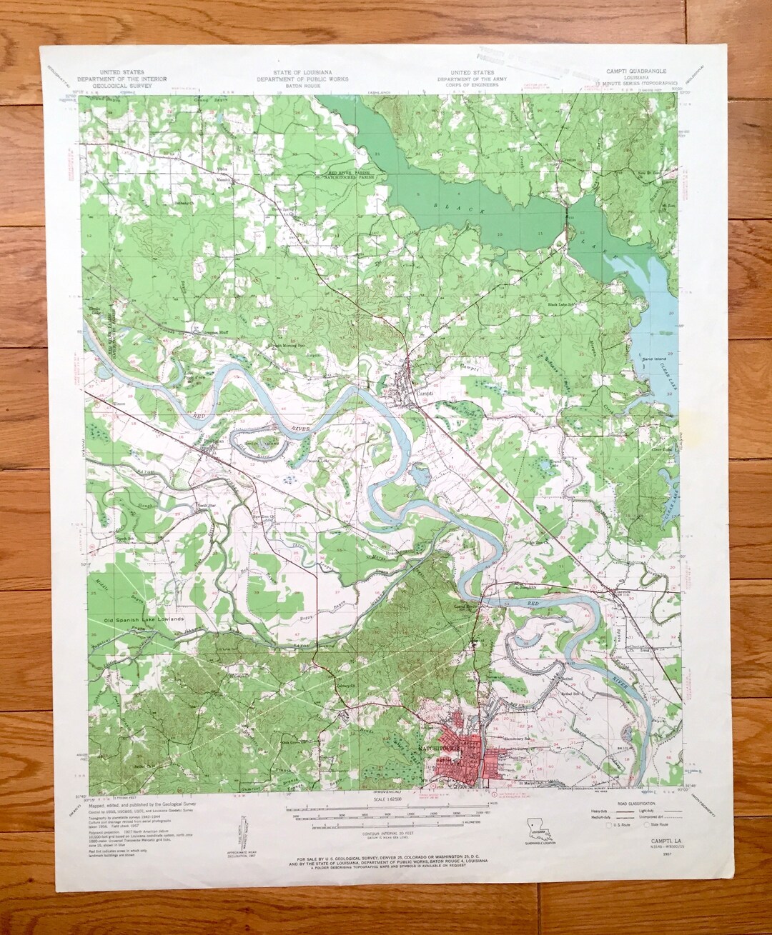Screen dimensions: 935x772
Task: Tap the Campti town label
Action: click(x=422, y=392)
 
